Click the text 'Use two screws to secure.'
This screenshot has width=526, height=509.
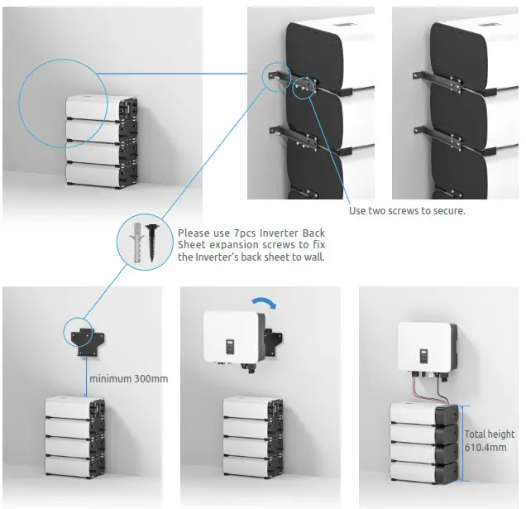coord(407,210)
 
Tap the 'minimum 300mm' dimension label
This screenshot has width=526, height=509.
coord(130,378)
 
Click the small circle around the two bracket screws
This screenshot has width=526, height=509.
coord(304,87)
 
